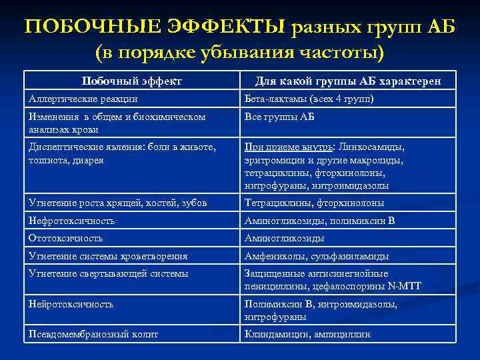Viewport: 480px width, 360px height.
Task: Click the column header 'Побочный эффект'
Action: (x=131, y=81)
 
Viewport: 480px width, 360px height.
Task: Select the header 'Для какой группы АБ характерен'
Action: (x=347, y=81)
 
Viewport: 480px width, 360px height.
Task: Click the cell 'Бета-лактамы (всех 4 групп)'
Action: (x=309, y=99)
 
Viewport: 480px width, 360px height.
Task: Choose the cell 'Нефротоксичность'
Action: (x=71, y=220)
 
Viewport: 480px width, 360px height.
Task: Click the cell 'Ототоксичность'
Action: (x=65, y=238)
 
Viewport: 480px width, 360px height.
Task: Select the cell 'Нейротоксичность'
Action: (x=71, y=304)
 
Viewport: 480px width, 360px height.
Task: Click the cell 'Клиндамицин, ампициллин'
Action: (x=307, y=334)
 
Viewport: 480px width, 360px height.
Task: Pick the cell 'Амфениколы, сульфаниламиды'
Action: (x=317, y=256)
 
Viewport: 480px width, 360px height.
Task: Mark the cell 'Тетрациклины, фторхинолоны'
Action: (x=314, y=203)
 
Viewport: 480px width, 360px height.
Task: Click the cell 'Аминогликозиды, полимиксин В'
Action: (x=320, y=220)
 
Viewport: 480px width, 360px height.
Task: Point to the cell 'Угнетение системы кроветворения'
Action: (x=107, y=256)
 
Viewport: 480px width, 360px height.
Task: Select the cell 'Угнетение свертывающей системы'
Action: (x=108, y=273)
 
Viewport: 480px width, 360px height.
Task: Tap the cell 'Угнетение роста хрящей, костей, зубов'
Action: (x=117, y=203)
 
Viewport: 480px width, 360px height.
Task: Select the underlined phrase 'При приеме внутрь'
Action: (x=291, y=147)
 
